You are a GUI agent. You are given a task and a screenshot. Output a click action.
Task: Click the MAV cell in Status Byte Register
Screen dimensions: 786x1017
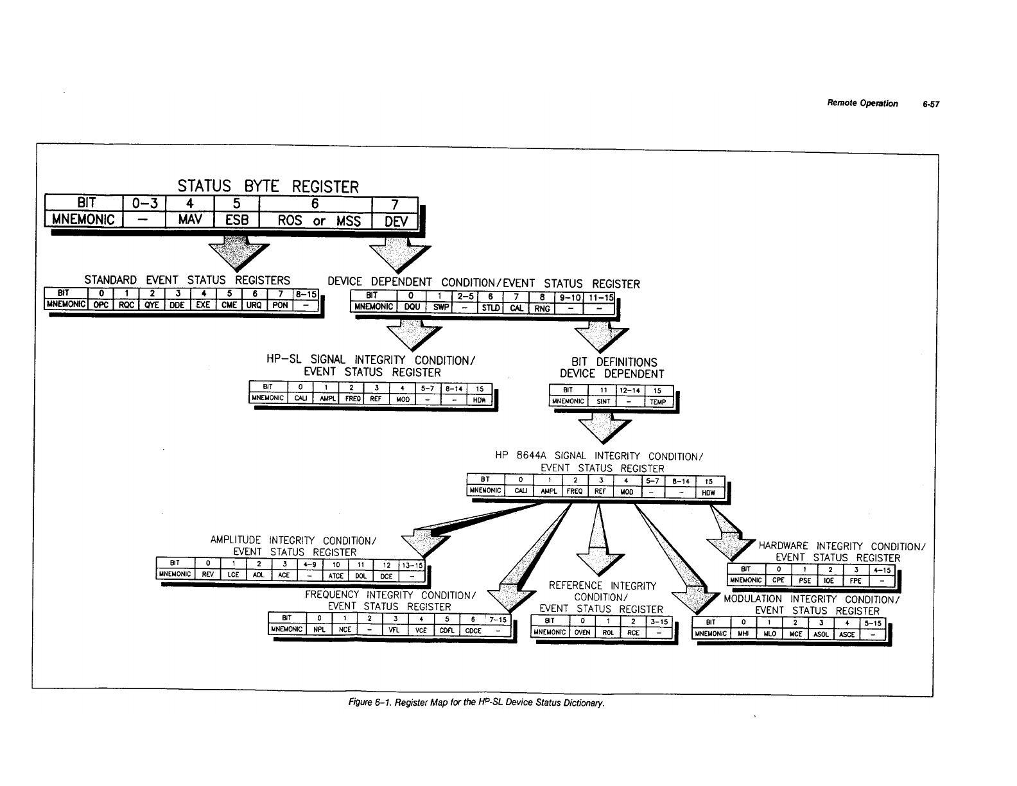189,220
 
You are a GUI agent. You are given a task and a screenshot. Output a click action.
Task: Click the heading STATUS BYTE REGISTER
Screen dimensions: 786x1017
268,187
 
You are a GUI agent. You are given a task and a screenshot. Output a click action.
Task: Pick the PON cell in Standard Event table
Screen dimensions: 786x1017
280,305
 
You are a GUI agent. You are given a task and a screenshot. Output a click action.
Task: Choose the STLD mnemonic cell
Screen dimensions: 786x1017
491,308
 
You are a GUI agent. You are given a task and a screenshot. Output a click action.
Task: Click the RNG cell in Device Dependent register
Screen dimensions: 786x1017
543,308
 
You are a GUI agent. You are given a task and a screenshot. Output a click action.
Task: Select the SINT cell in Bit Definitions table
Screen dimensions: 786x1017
602,401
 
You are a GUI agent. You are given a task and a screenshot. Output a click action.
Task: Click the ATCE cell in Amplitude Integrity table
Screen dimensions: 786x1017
335,575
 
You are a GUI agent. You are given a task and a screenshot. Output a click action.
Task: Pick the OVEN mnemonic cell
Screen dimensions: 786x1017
582,632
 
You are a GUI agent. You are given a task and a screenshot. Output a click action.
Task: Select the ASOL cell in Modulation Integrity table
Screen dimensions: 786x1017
820,634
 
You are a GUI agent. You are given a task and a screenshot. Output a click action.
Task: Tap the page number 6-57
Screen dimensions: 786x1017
931,104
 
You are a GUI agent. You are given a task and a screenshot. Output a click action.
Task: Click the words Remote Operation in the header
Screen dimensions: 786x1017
862,103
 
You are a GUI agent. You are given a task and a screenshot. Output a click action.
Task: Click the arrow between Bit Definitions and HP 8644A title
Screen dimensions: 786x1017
605,426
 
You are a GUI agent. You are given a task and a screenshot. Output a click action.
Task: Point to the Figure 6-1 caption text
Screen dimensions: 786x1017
476,703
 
